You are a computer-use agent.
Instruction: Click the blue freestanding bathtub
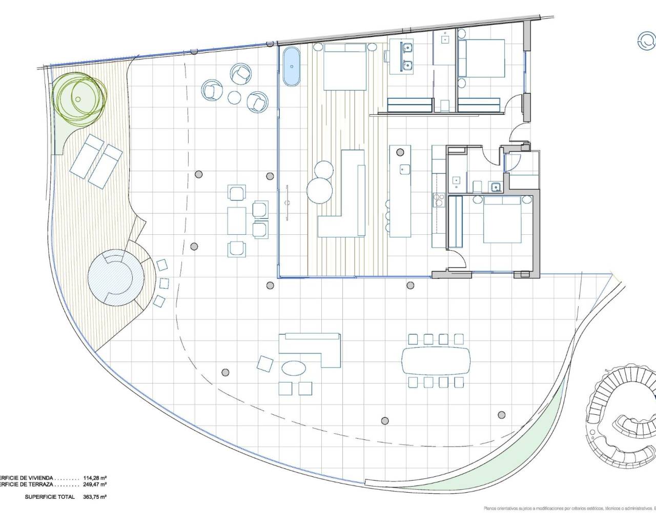pyautogui.click(x=291, y=66)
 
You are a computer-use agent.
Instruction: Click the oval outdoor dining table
pyautogui.click(x=436, y=360)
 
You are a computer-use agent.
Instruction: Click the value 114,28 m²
pyautogui.click(x=95, y=477)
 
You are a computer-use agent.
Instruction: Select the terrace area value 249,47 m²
pyautogui.click(x=95, y=484)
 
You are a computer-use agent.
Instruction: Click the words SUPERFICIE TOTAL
pyautogui.click(x=50, y=497)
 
